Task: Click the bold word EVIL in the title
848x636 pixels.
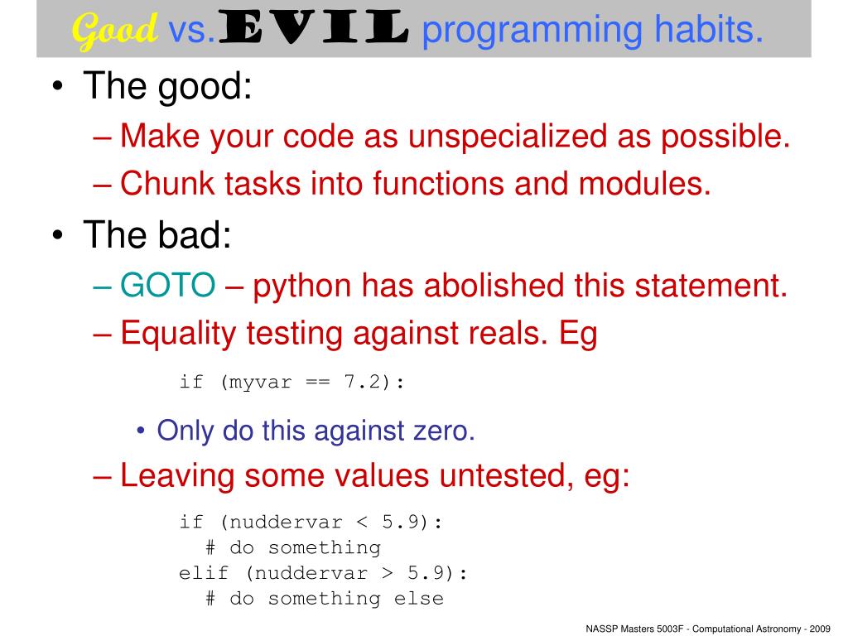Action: [314, 31]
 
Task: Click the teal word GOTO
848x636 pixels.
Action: [168, 287]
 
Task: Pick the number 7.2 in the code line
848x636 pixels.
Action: [363, 382]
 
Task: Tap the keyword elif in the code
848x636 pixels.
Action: [204, 573]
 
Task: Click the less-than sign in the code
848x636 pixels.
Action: [362, 522]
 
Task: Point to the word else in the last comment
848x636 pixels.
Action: [418, 598]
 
